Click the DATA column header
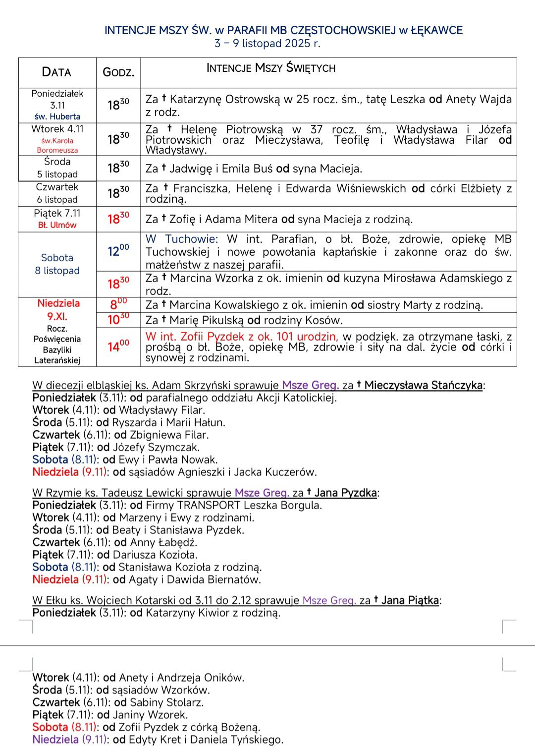point(56,72)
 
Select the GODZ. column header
point(118,72)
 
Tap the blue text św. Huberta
point(57,116)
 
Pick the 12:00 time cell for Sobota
point(118,251)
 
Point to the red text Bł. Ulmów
point(57,225)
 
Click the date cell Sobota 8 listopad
point(57,264)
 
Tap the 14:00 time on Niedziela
point(118,346)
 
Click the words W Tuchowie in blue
point(181,239)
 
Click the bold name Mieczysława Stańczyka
point(423,385)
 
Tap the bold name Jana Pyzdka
point(345,493)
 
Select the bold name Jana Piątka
point(410,600)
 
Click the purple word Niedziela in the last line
point(55,740)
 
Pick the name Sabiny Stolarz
point(166,702)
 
